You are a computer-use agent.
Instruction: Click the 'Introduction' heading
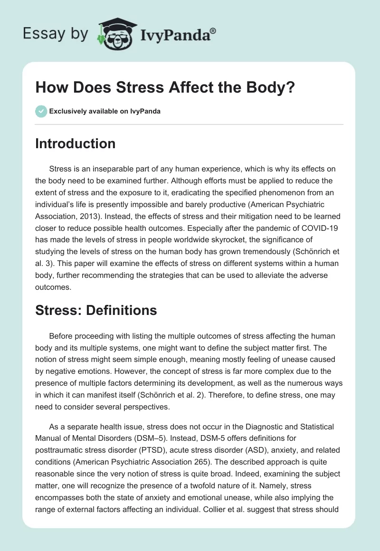click(75, 143)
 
